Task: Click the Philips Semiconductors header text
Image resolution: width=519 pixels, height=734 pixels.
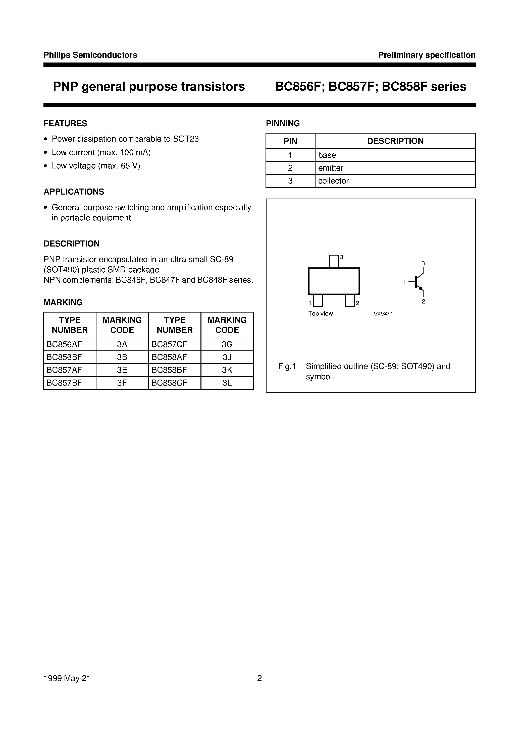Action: click(x=90, y=55)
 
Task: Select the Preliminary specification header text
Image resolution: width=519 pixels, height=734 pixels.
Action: click(x=427, y=55)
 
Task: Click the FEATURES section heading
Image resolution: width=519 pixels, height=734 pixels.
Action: click(x=65, y=124)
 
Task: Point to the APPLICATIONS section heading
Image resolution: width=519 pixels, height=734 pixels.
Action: click(x=74, y=192)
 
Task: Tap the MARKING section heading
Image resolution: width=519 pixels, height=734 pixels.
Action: click(x=63, y=302)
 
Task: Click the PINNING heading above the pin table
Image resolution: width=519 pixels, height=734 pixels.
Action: click(x=283, y=124)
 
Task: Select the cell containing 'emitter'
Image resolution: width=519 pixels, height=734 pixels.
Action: click(x=395, y=168)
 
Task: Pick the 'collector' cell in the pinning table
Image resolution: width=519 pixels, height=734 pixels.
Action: click(x=395, y=181)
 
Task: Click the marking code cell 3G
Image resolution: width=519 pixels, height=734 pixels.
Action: click(x=227, y=345)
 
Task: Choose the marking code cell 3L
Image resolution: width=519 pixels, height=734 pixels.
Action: click(x=227, y=383)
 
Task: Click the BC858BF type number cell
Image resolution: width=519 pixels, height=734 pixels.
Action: click(x=174, y=370)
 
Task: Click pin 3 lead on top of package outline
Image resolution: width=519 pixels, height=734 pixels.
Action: click(x=334, y=261)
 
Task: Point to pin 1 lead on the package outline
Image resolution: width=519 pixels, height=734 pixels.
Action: click(x=318, y=300)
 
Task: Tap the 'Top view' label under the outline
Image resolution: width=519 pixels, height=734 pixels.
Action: click(x=320, y=314)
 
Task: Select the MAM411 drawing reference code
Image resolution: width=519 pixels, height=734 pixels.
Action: click(x=382, y=314)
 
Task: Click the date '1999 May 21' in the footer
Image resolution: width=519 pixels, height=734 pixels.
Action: click(x=67, y=678)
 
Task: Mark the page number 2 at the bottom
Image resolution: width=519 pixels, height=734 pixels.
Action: click(x=259, y=678)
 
